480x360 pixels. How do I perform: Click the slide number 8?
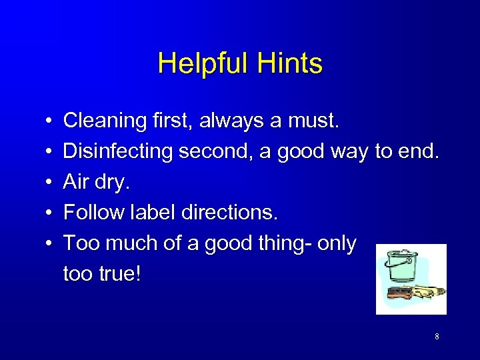pos(437,337)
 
